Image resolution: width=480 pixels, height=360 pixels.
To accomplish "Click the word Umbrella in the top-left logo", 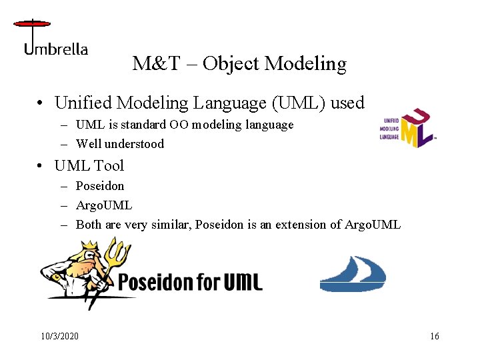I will [56, 49].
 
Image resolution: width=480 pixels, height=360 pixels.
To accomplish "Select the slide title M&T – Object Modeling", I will [239, 64].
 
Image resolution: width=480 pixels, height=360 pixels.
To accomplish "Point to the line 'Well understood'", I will [119, 143].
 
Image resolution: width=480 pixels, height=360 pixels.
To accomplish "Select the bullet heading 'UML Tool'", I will [89, 165].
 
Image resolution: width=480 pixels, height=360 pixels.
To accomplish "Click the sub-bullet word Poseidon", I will [100, 185].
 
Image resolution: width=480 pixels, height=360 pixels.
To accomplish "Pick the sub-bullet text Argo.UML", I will [104, 205].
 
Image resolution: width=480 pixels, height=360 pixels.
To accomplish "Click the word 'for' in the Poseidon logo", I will [209, 281].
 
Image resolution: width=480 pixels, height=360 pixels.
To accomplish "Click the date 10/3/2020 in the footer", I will [59, 336].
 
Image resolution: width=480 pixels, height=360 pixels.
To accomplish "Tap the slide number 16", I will [434, 336].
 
